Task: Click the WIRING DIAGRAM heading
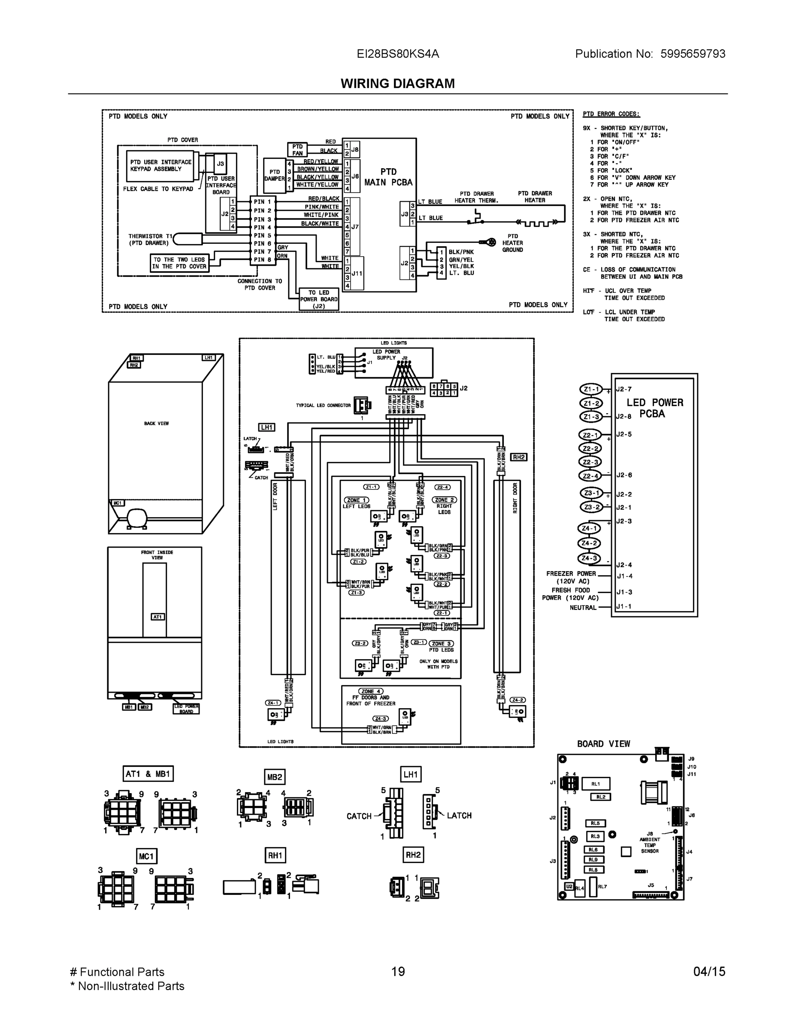[x=397, y=84]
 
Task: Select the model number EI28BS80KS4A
[x=397, y=54]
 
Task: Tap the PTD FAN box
[x=297, y=149]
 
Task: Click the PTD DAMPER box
[x=275, y=176]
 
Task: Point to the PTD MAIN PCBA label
[x=388, y=177]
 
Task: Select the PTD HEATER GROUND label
[x=513, y=243]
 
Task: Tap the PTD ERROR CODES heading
[x=611, y=114]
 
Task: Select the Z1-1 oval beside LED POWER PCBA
[x=591, y=390]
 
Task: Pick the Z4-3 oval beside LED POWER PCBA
[x=589, y=558]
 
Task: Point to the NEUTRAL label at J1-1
[x=583, y=607]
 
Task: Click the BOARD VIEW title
[x=603, y=744]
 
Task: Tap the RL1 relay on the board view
[x=596, y=784]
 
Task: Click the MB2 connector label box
[x=275, y=777]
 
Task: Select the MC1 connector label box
[x=146, y=856]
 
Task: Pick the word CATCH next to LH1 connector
[x=359, y=816]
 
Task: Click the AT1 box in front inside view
[x=157, y=617]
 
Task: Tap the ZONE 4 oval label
[x=371, y=691]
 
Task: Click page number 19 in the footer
[x=397, y=972]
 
